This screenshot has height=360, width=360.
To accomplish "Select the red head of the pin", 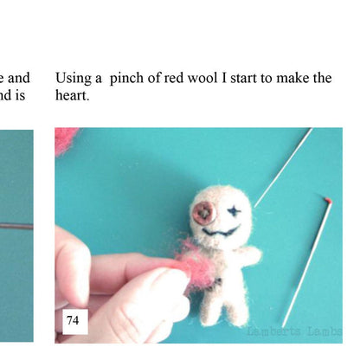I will point(329,199).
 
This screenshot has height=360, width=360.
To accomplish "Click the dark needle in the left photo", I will point(16,227).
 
